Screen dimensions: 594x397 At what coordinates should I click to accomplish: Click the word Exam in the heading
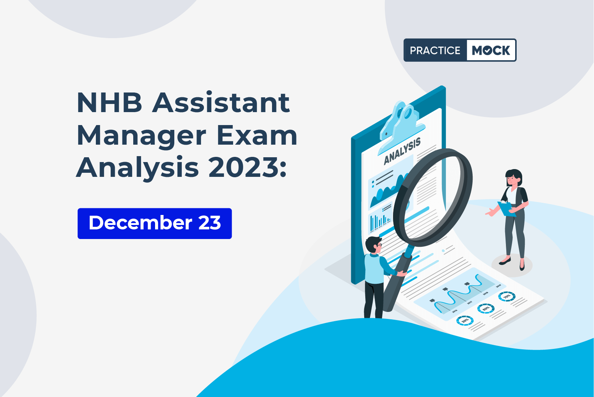257,135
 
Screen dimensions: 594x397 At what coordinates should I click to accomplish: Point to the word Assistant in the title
221,102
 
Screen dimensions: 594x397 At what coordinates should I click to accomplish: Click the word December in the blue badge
140,223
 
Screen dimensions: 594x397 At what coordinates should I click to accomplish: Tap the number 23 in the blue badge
209,223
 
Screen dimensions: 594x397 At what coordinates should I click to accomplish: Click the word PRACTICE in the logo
435,50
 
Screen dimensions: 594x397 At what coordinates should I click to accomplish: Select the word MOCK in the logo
491,50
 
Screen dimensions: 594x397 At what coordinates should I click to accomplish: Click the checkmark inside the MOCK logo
488,51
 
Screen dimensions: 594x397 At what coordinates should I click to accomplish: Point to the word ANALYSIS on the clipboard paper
402,151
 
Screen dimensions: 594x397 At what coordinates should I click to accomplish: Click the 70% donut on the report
507,296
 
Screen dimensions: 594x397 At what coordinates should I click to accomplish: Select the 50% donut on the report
486,309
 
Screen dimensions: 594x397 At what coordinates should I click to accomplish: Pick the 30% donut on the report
465,320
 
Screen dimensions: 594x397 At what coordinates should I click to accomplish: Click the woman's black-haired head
514,178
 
